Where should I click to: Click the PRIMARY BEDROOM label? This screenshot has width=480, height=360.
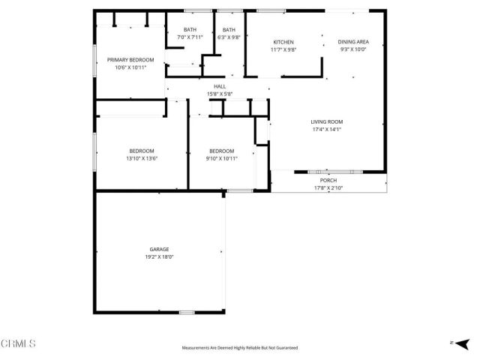pyautogui.click(x=130, y=60)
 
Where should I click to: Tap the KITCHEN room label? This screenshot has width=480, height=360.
pyautogui.click(x=283, y=42)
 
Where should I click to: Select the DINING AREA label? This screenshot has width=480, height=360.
pyautogui.click(x=352, y=42)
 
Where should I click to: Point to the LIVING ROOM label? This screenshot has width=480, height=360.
pyautogui.click(x=327, y=121)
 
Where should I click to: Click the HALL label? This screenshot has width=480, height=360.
pyautogui.click(x=220, y=86)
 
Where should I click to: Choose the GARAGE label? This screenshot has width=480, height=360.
pyautogui.click(x=159, y=249)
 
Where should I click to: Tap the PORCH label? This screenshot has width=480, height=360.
pyautogui.click(x=328, y=181)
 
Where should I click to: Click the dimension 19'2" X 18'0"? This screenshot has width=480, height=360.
pyautogui.click(x=159, y=256)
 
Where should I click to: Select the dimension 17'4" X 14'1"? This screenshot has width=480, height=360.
pyautogui.click(x=327, y=129)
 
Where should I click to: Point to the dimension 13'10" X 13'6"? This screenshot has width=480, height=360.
pyautogui.click(x=142, y=158)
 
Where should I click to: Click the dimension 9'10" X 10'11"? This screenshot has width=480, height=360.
pyautogui.click(x=221, y=158)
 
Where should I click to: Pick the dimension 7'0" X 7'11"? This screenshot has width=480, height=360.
pyautogui.click(x=190, y=37)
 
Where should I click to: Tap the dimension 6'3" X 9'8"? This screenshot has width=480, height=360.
pyautogui.click(x=229, y=37)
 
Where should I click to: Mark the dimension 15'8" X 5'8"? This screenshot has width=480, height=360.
pyautogui.click(x=220, y=94)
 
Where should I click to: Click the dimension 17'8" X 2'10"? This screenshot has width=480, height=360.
pyautogui.click(x=328, y=188)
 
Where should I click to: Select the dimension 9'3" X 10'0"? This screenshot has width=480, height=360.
pyautogui.click(x=352, y=49)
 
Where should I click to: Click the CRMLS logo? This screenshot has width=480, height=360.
pyautogui.click(x=19, y=343)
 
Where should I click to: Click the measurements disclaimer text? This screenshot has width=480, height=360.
pyautogui.click(x=240, y=348)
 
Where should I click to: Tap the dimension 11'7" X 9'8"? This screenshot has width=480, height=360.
pyautogui.click(x=283, y=49)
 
